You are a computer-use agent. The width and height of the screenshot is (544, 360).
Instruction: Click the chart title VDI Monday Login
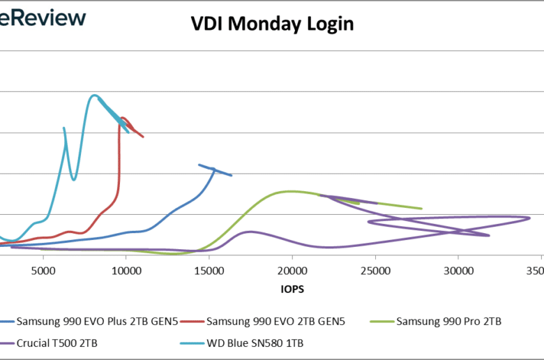pyautogui.click(x=273, y=24)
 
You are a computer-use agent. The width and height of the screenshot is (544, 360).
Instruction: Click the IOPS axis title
pyautogui.click(x=292, y=287)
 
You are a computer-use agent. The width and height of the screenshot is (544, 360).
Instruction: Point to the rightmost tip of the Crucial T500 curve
pyautogui.click(x=530, y=218)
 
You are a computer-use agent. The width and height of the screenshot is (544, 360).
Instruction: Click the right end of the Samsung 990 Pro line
pyautogui.click(x=422, y=209)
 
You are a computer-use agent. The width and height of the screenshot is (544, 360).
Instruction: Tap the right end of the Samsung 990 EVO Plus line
pyautogui.click(x=232, y=175)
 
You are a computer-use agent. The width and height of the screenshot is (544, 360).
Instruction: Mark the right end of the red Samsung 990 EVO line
pyautogui.click(x=143, y=137)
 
